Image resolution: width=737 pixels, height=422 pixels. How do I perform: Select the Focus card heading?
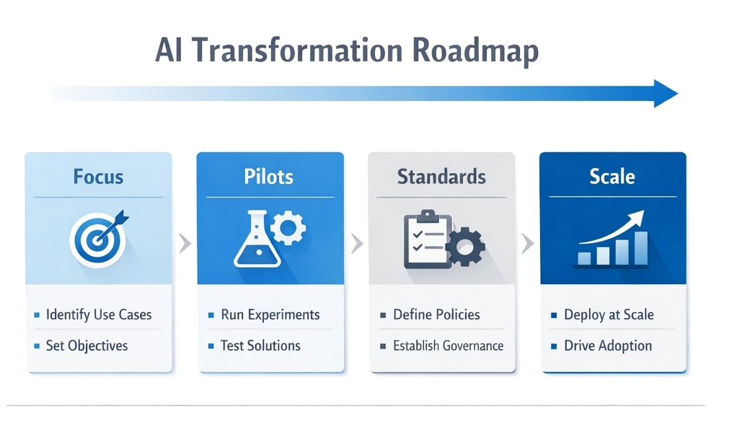point(98,176)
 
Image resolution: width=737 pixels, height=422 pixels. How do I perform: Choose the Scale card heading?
point(612,176)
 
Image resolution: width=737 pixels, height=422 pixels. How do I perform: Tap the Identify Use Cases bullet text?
point(99,315)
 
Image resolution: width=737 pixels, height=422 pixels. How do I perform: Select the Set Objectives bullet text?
point(87,346)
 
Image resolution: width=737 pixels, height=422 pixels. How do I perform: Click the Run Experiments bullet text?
point(270,315)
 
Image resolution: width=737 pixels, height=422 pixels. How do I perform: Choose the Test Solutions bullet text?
point(261,346)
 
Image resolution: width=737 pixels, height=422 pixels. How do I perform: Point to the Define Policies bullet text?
point(436,315)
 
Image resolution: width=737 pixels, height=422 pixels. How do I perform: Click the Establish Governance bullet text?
point(448,346)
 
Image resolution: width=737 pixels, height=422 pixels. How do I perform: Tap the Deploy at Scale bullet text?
point(609,315)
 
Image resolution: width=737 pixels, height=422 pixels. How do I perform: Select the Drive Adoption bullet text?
point(608,346)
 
